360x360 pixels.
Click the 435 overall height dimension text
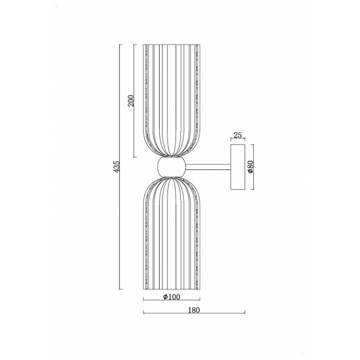click(x=117, y=166)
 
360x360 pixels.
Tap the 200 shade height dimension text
click(x=130, y=100)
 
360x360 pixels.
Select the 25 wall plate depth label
click(x=238, y=135)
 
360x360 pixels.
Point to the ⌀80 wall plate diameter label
click(x=250, y=167)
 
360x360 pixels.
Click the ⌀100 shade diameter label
click(x=171, y=297)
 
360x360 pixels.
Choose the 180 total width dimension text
click(x=194, y=310)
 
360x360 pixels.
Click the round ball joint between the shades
click(x=171, y=167)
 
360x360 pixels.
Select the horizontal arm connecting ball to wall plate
click(x=208, y=167)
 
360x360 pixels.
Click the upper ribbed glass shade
click(x=171, y=100)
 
